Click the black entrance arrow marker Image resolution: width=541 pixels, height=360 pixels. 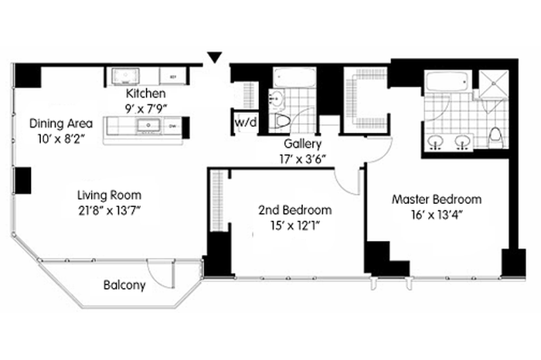pyautogui.click(x=215, y=57)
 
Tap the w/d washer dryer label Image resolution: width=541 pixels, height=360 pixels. pyautogui.click(x=246, y=122)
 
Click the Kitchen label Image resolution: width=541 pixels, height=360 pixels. pyautogui.click(x=145, y=93)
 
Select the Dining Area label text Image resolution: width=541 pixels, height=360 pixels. pyautogui.click(x=61, y=123)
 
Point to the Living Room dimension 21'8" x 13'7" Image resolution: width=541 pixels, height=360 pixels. pyautogui.click(x=110, y=210)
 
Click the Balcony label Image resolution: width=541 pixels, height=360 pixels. pyautogui.click(x=124, y=285)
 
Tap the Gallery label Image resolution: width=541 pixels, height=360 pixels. pyautogui.click(x=303, y=144)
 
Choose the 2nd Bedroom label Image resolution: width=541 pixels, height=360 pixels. pyautogui.click(x=295, y=209)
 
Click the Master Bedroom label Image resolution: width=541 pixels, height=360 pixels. pyautogui.click(x=437, y=199)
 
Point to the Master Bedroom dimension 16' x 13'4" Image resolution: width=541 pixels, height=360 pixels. pyautogui.click(x=437, y=215)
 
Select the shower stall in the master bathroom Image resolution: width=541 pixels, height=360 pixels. pyautogui.click(x=493, y=83)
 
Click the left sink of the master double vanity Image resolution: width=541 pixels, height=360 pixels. pyautogui.click(x=436, y=141)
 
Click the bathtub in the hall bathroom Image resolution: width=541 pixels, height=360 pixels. pyautogui.click(x=294, y=77)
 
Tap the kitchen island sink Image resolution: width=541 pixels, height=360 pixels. pyautogui.click(x=148, y=125)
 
